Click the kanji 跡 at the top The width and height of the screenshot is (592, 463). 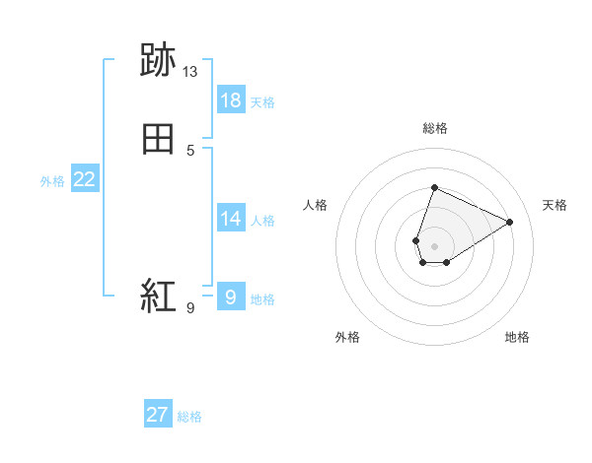(x=158, y=61)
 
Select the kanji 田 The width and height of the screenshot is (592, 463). (x=158, y=140)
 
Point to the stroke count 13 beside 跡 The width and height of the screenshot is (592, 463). (x=190, y=72)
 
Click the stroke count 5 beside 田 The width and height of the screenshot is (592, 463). (x=190, y=151)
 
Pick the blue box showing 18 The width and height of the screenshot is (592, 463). (x=231, y=100)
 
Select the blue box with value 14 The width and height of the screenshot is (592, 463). (x=231, y=219)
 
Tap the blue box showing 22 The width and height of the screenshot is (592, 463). (x=85, y=179)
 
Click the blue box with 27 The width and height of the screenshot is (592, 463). (x=158, y=415)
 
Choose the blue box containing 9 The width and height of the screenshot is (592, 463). (x=231, y=297)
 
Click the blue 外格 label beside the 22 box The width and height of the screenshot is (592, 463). (x=52, y=181)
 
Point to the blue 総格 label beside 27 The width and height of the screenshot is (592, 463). (x=189, y=417)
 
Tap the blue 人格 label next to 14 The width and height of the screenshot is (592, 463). (x=263, y=221)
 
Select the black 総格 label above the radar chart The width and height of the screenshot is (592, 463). (x=434, y=128)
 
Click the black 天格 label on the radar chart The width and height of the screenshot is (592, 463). (x=555, y=205)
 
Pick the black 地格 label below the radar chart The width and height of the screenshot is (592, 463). (x=517, y=337)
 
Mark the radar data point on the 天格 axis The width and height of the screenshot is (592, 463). (x=510, y=222)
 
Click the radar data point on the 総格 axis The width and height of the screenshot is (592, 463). (x=434, y=188)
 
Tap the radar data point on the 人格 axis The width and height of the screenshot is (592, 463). (x=416, y=240)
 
